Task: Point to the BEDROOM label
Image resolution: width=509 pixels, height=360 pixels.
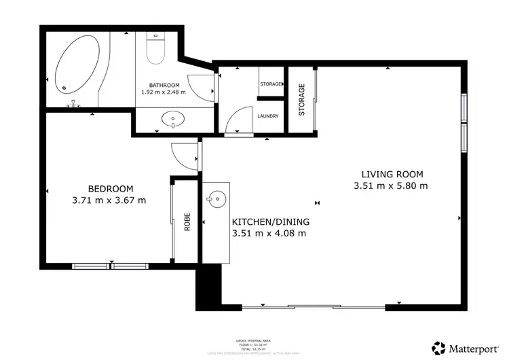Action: (x=111, y=189)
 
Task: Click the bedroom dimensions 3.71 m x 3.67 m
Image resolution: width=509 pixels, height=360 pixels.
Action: (x=109, y=200)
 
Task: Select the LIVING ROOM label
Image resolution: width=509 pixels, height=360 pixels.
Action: (x=390, y=173)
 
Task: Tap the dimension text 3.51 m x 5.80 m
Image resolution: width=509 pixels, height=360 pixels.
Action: (x=390, y=185)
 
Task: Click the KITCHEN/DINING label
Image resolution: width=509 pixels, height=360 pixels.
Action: (x=271, y=222)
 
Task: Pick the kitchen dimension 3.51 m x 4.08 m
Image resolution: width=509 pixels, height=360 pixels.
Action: (x=269, y=234)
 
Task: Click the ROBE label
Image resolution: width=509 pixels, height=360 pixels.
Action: (x=187, y=222)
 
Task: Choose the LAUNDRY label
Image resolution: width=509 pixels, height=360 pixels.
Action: (x=268, y=116)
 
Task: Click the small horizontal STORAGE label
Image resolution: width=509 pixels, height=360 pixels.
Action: (x=271, y=84)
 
